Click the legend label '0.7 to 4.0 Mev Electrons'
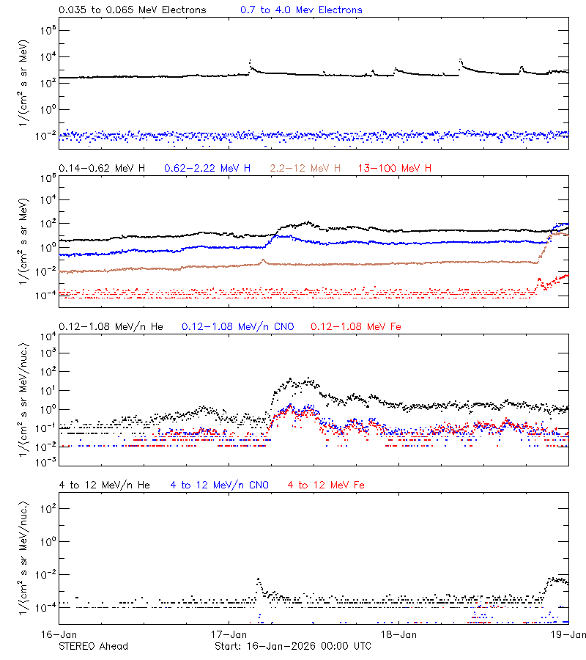tap(301, 10)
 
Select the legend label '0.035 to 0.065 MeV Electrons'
tap(132, 10)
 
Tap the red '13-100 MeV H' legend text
tap(394, 169)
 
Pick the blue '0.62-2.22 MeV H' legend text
tap(207, 169)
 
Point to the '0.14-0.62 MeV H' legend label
tap(102, 169)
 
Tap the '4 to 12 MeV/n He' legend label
tap(104, 485)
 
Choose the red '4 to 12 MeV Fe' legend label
tap(326, 485)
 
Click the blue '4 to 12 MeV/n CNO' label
tap(219, 485)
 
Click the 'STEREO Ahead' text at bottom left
tap(93, 646)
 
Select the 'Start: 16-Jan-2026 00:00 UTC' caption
tap(292, 646)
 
